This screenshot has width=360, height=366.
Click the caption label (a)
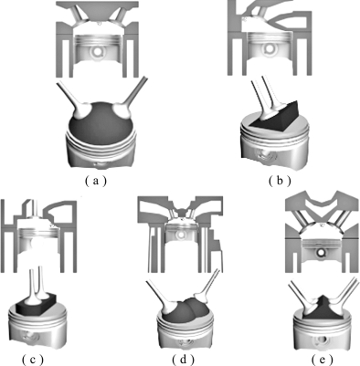(x=96, y=181)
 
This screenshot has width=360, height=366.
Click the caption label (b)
(x=280, y=181)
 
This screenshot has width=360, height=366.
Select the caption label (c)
(x=33, y=360)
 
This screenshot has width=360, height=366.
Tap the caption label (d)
(x=183, y=360)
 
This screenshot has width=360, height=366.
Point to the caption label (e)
(x=323, y=360)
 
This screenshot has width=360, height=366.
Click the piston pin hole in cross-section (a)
(x=97, y=51)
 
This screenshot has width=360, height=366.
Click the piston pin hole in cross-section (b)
(x=270, y=48)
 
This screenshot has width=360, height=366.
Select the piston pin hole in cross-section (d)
(x=181, y=235)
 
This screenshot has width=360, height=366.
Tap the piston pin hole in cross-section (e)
(x=321, y=252)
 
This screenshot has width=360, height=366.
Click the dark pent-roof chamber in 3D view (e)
(x=323, y=308)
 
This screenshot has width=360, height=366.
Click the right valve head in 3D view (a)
(x=122, y=111)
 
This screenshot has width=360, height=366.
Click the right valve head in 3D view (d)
(x=200, y=298)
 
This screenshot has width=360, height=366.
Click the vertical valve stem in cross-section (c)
(x=36, y=209)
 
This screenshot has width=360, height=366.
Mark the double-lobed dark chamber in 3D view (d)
(x=186, y=308)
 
